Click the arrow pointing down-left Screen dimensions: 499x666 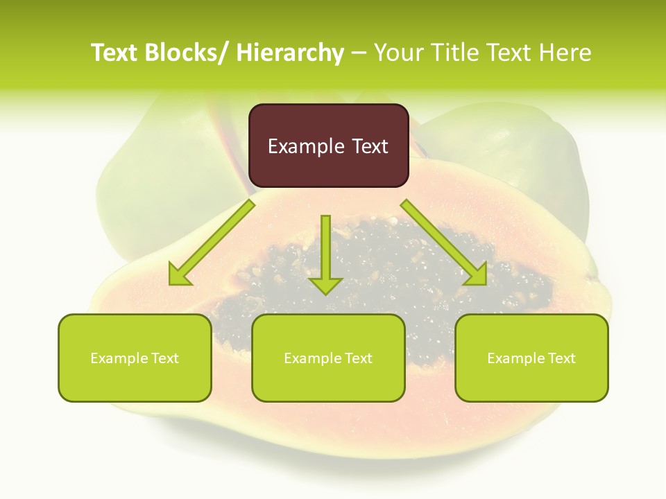(x=212, y=243)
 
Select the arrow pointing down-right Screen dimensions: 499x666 (x=444, y=243)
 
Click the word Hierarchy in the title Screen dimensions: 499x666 (x=290, y=53)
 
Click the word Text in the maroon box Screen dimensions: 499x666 (x=369, y=146)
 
